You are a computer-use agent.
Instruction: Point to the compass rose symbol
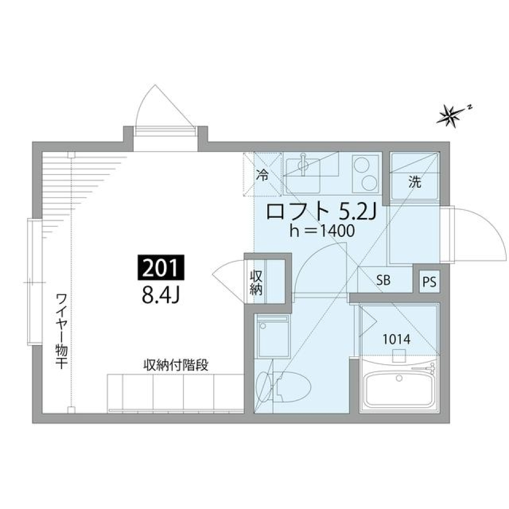coord(450,116)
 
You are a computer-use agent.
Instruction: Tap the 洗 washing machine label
coord(415,183)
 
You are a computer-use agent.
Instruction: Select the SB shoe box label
coord(383,280)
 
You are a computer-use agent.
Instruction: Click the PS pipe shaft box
coord(429,282)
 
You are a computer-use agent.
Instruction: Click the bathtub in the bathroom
coord(399,390)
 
